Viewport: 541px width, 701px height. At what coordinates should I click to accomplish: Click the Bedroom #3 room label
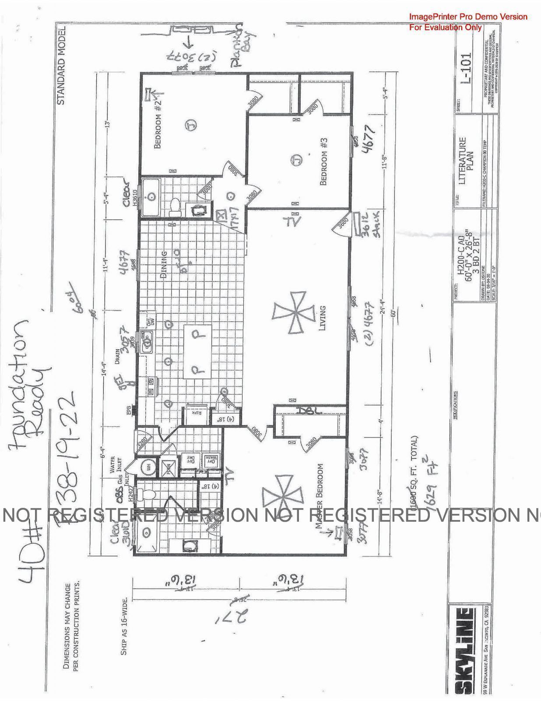[324, 162]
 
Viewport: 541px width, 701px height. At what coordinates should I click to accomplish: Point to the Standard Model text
[61, 66]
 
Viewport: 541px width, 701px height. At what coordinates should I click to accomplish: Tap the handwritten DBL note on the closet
[309, 411]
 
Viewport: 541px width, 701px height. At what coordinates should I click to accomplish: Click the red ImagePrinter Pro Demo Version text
[468, 17]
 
